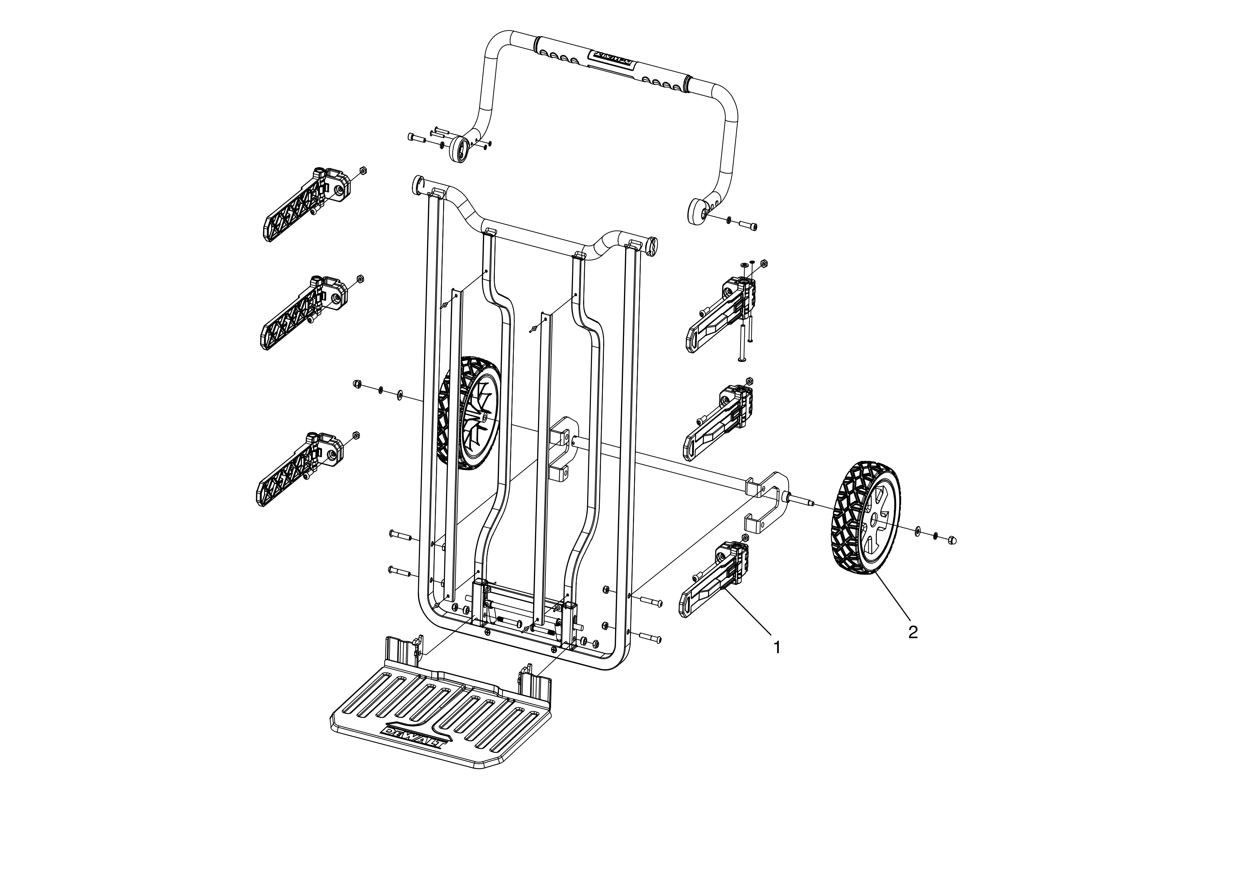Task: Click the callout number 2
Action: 913,632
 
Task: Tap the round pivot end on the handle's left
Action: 459,149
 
